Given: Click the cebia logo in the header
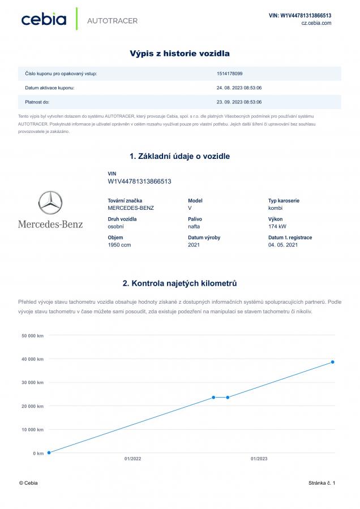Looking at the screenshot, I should click(x=44, y=19).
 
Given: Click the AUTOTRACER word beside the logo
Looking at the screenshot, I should click(x=112, y=21).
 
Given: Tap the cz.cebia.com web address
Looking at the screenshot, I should click(x=316, y=23).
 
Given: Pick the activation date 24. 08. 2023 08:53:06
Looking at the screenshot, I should click(x=239, y=88).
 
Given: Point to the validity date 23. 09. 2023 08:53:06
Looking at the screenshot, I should click(x=239, y=102).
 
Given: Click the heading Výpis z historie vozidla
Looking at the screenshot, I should click(x=180, y=54).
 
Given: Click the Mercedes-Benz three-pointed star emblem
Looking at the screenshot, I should click(x=50, y=202).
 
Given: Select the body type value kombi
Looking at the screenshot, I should click(x=276, y=208).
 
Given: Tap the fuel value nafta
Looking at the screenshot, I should click(x=194, y=226).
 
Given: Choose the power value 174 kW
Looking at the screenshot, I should click(x=277, y=226).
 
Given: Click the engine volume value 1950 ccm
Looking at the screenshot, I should click(x=119, y=245).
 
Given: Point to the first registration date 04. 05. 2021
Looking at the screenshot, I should click(x=283, y=245).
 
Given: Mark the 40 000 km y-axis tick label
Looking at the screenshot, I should click(x=33, y=359).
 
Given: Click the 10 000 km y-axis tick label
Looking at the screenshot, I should click(x=33, y=429).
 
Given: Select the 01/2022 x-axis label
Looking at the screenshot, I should click(x=133, y=459).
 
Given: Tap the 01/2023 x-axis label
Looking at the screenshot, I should click(x=259, y=459).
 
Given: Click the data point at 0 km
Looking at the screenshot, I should click(x=49, y=452).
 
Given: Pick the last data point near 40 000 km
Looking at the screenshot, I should click(x=333, y=362).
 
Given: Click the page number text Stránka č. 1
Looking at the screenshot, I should click(x=322, y=483).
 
